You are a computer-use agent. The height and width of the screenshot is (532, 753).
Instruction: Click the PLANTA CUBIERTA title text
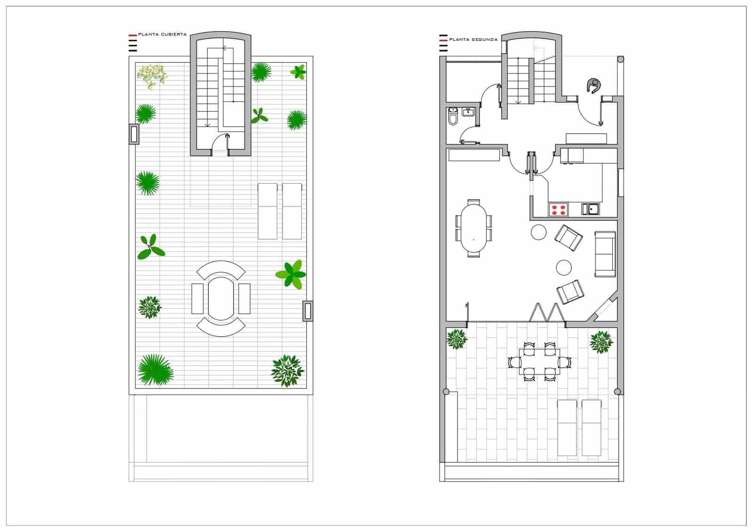(162, 34)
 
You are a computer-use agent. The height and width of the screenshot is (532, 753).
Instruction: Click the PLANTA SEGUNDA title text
(473, 40)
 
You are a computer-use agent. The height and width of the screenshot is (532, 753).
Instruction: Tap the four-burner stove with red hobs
(558, 210)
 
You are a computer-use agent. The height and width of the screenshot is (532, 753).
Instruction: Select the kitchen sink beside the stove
(591, 209)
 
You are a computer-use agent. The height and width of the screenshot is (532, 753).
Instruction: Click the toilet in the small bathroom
(453, 117)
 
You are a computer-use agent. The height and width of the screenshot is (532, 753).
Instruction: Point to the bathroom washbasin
(468, 112)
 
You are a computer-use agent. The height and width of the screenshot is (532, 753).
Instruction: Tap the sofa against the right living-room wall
(605, 254)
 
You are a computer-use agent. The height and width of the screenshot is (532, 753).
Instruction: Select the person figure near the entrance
(594, 85)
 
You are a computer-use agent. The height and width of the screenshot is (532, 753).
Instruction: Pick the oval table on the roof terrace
(221, 298)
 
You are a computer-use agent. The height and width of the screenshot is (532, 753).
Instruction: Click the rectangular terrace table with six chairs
(539, 362)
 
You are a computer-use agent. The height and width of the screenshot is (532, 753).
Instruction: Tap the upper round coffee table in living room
(538, 232)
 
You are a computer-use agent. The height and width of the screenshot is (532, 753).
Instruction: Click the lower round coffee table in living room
(563, 267)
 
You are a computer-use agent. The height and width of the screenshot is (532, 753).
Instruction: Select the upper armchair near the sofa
(569, 238)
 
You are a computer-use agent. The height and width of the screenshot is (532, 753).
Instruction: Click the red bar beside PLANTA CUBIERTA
(133, 35)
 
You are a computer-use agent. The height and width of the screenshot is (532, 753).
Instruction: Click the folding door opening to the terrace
(546, 313)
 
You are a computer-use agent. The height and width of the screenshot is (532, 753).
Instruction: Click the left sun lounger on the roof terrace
(267, 211)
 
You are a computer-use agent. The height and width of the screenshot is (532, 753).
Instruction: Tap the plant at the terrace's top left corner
(457, 339)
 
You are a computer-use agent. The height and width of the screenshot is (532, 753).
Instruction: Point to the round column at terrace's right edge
(617, 392)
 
